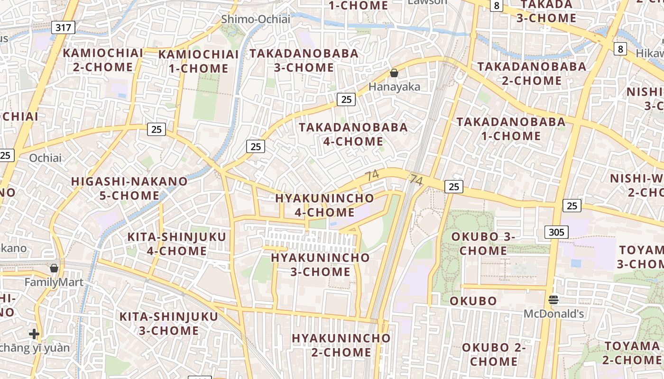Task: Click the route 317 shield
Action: [63, 27]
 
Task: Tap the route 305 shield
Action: [556, 232]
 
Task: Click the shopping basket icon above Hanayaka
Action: [394, 73]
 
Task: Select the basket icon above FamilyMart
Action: [54, 268]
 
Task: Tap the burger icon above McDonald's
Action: [553, 299]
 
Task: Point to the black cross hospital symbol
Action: [34, 334]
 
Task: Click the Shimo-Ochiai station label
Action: [256, 19]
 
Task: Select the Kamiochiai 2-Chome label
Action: [103, 60]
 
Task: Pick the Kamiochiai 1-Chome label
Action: [199, 61]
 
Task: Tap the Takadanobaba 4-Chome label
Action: [353, 134]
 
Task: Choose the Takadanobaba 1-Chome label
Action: [511, 129]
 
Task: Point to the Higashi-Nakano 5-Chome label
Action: [129, 188]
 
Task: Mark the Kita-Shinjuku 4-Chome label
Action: [176, 244]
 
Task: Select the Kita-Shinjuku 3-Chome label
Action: [168, 323]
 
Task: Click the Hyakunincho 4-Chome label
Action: [324, 205]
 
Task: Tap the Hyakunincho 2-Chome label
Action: [341, 345]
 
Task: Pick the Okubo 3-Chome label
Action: [483, 243]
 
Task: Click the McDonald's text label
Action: [553, 314]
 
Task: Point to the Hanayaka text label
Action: [395, 87]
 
